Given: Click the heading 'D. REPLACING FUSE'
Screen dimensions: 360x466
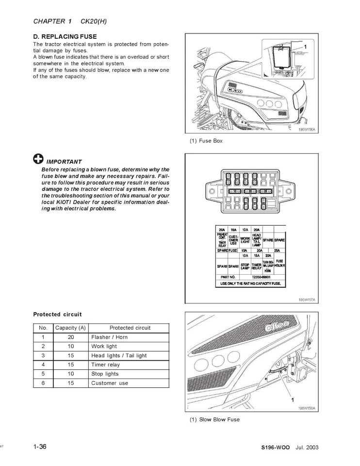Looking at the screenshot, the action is (x=65, y=36).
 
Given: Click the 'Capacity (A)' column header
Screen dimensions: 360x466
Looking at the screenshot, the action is (x=70, y=328).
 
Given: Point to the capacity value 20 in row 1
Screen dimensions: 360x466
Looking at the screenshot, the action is (x=70, y=337).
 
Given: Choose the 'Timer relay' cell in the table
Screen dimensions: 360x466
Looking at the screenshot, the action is (x=105, y=365).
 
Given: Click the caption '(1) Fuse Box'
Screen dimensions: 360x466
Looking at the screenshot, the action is (x=206, y=141).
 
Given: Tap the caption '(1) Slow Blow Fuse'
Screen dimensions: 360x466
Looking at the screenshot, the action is (x=214, y=419).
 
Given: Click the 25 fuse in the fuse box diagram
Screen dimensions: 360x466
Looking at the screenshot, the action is (x=265, y=191).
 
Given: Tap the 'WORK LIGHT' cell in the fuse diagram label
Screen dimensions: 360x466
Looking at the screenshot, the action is (x=245, y=240).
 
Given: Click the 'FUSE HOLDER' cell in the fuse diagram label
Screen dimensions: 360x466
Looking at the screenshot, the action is (x=279, y=263).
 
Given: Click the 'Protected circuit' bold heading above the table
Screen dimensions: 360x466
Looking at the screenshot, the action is (x=57, y=314).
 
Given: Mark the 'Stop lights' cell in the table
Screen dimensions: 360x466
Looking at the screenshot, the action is (x=105, y=374).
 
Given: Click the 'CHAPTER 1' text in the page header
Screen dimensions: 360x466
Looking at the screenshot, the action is (x=52, y=21).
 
